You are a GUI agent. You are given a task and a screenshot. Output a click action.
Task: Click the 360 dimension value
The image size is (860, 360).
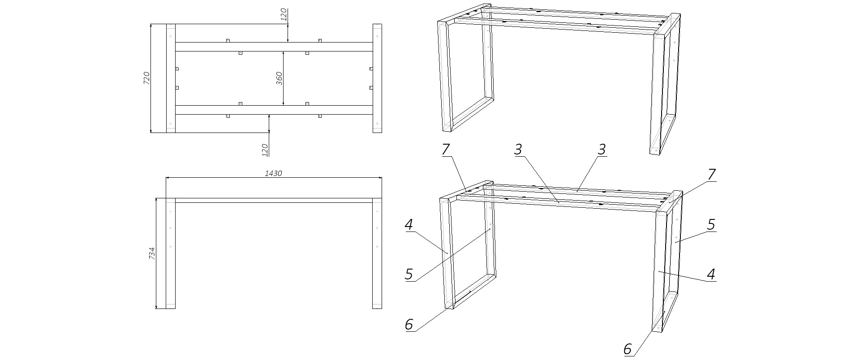[279, 78]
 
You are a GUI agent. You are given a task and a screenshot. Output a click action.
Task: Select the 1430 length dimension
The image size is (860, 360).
[273, 173]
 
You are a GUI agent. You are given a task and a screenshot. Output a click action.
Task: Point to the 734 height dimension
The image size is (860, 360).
[151, 254]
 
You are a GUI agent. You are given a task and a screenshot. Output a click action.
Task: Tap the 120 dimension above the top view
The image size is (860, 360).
[283, 15]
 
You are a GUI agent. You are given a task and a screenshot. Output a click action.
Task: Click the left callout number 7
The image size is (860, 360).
[446, 149]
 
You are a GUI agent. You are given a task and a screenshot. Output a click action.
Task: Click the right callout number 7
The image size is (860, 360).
[711, 174]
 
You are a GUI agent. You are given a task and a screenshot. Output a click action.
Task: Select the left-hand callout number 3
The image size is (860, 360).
[518, 149]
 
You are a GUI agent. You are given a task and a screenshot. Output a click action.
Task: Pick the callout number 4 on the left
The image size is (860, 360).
[408, 224]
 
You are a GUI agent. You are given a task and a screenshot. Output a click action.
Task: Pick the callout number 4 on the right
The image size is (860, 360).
[711, 274]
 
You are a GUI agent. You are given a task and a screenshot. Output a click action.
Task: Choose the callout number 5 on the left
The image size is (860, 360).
[408, 274]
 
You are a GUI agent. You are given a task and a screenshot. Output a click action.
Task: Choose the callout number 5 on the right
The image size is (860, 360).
[711, 224]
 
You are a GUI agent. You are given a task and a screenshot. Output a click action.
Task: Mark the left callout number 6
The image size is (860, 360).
[408, 324]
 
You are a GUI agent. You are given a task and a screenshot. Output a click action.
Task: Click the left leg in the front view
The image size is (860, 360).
[171, 255]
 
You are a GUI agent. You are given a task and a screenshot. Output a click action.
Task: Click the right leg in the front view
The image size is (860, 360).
[377, 255]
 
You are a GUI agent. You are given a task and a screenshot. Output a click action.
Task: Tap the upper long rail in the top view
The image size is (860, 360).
[273, 47]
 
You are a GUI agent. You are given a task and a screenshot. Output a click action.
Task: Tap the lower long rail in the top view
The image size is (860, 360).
[273, 110]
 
